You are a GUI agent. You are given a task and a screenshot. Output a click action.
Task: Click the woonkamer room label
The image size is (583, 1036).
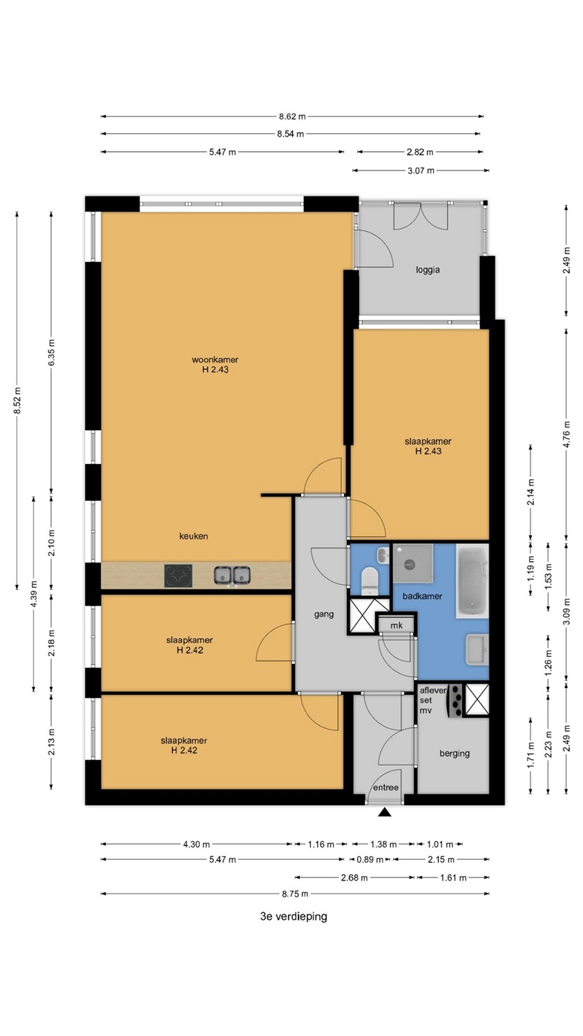[x=215, y=360]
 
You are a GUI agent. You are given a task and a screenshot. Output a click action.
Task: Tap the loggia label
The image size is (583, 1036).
[x=428, y=270]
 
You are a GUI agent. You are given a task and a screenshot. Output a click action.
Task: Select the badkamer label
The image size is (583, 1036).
[x=422, y=596]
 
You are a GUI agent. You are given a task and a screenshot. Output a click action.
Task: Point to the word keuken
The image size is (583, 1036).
[x=194, y=536]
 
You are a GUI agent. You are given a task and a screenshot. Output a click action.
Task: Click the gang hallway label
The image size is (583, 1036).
[x=324, y=614]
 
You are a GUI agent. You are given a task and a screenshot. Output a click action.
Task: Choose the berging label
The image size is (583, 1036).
[x=454, y=753]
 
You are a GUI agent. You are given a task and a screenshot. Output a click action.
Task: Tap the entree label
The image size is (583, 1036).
[x=386, y=787]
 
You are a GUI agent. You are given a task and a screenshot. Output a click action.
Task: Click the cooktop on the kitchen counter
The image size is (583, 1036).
[x=178, y=576]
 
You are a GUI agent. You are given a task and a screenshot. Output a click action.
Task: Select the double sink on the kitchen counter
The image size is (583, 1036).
[x=232, y=576]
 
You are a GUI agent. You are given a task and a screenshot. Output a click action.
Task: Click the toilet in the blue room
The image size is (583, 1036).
[x=370, y=581]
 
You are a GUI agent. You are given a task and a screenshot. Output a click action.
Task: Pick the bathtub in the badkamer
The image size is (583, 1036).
[x=472, y=581]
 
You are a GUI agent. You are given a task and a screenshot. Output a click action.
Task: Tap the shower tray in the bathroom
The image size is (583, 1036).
[x=412, y=563]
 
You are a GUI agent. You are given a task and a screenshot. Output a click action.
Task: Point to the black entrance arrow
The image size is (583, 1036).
[x=384, y=812]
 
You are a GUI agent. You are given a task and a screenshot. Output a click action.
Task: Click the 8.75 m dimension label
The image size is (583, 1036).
[x=295, y=894]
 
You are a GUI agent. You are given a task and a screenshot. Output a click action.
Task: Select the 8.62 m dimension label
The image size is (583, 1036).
[x=292, y=117]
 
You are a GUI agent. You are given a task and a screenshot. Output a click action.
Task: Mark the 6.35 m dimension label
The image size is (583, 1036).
[x=51, y=353]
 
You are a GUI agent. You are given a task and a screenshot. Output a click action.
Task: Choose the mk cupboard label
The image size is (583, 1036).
[x=397, y=626]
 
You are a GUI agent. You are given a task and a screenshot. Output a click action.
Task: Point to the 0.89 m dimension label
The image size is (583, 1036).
[x=370, y=859]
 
